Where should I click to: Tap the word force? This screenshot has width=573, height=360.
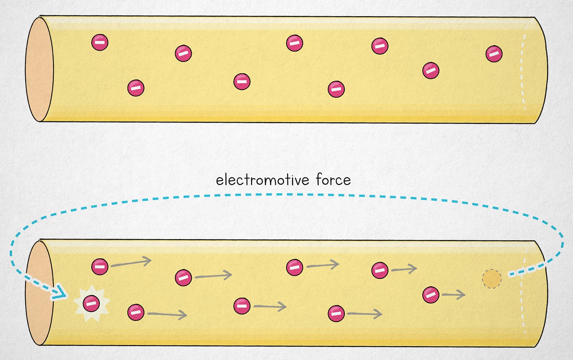coord(333,180)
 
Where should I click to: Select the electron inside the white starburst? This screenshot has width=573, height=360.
coord(91,303)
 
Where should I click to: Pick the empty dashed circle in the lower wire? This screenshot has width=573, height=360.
coord(492,279)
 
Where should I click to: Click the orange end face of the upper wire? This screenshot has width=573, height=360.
coord(39,69)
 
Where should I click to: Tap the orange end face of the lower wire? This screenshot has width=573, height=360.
coord(39,293)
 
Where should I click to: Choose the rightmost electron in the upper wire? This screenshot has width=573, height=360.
coord(494,54)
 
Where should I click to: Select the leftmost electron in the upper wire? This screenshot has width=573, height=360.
coord(100,42)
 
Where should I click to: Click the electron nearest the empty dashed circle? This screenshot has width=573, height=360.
coord(431,295)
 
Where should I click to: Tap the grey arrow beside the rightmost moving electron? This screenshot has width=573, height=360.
coord(453,294)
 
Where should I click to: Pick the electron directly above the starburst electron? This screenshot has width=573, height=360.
coord(100,267)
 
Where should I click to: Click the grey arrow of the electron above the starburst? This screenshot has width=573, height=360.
coord(131,263)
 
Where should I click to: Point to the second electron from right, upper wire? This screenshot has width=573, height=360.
coord(431,71)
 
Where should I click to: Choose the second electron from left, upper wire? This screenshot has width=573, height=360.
coord(136,88)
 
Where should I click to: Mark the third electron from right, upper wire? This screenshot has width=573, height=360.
coord(380,46)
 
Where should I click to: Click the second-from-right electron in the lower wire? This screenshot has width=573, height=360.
coord(380,271)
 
